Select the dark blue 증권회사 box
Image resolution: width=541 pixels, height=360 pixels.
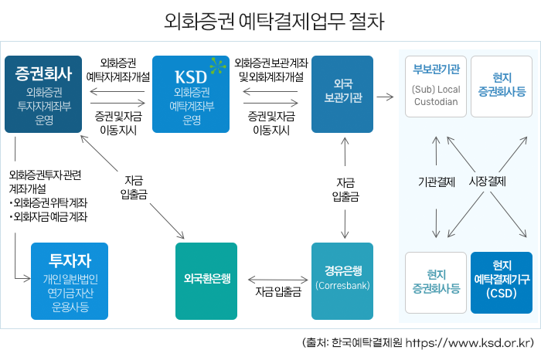[43, 94]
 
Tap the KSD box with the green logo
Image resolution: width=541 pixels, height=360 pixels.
[191, 94]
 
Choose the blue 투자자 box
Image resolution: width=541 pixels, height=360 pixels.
[70, 281]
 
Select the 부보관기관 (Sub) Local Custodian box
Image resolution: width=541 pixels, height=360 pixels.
[436, 86]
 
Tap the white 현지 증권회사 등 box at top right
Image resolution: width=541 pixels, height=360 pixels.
[502, 86]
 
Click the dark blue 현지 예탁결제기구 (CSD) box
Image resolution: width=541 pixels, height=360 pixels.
[502, 282]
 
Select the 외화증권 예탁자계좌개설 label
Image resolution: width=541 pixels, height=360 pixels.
[117, 70]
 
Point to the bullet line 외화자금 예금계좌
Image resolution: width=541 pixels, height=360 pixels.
[51, 217]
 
